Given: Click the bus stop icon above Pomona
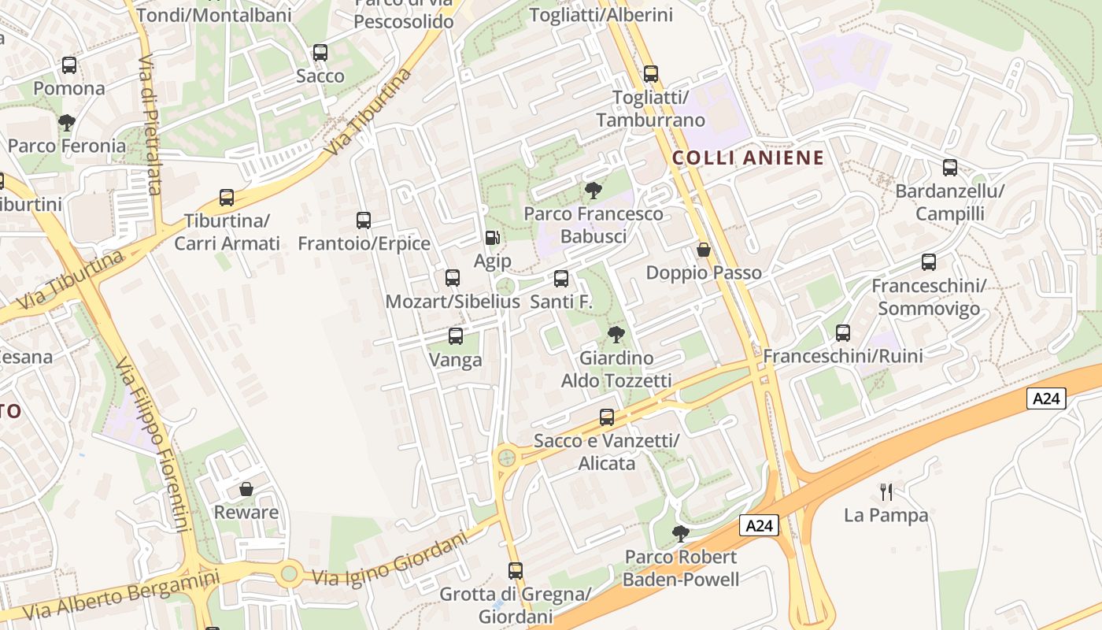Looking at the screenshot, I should coord(69,65).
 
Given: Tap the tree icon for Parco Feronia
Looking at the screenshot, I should coord(67,123).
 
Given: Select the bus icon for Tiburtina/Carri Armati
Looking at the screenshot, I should coord(227,198).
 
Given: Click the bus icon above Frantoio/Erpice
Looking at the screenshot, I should coord(364,220).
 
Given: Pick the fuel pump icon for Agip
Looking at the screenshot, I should coord(492,237).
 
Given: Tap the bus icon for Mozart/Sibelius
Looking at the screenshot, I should coord(453,278).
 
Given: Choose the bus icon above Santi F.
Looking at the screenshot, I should coord(561,279).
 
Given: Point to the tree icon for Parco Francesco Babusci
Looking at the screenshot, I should coord(594,191).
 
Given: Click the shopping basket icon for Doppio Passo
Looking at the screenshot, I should coord(704,250).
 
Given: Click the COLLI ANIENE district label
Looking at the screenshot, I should coord(748,157).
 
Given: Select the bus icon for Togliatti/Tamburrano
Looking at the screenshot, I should coord(651,74).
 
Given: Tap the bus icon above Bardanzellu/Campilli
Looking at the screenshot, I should coord(950,168).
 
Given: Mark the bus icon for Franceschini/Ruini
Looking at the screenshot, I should coord(843,333).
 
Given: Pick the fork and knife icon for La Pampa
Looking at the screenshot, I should coord(886,492).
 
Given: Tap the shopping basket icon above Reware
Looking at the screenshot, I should coord(246,490).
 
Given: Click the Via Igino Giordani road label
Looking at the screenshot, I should coord(390,558).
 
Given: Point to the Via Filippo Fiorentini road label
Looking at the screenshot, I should coord(153,445).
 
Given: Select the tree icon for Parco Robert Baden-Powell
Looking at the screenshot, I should coord(681,534).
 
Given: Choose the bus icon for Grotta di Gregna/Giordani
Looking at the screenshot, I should coord(516,571).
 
